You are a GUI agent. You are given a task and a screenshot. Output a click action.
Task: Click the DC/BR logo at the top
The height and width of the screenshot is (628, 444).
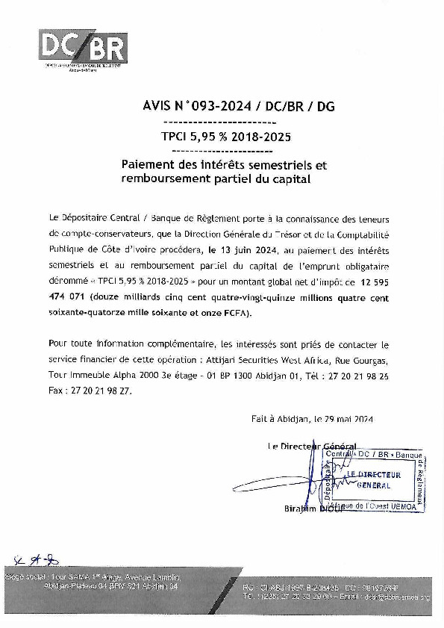coord(83,48)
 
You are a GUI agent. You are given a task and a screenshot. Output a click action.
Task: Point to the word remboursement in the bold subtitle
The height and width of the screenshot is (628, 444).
coord(165,179)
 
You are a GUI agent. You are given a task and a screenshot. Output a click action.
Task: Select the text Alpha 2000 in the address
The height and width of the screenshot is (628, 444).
coord(135,375)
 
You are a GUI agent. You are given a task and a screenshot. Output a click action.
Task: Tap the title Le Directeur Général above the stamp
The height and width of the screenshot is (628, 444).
coord(311,446)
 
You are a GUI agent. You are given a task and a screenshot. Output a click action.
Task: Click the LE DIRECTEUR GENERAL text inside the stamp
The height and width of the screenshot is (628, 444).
coord(374,479)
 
